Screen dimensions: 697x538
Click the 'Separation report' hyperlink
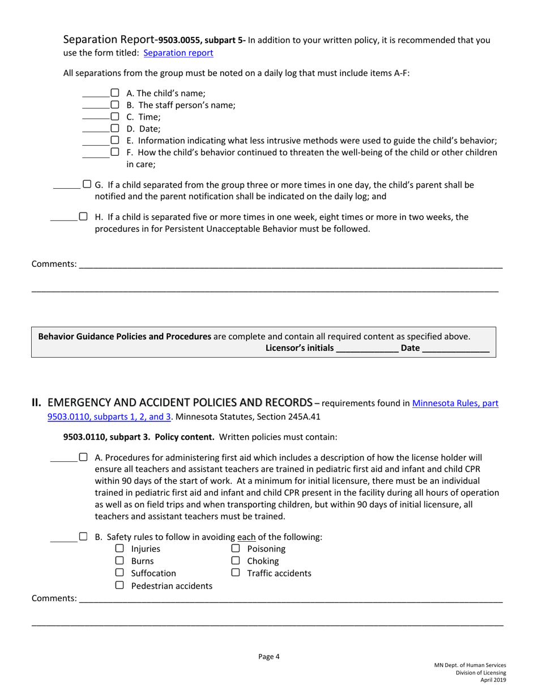(178, 53)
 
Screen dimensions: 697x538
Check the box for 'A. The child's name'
(115, 93)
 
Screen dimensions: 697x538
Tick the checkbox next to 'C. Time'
(115, 117)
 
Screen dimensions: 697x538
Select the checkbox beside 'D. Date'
(115, 129)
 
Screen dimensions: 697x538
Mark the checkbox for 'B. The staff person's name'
(115, 105)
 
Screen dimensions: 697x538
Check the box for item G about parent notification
(87, 184)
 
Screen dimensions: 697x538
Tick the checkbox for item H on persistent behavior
(83, 216)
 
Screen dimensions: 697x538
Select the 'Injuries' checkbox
(119, 549)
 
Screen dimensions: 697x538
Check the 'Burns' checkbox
(119, 561)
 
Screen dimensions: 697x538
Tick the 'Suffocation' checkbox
(119, 573)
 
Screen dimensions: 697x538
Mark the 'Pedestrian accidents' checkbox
(119, 585)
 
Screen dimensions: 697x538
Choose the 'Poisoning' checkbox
(236, 549)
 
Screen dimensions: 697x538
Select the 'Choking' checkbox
(236, 561)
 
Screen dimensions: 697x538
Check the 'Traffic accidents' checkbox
(236, 573)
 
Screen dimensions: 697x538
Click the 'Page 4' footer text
(269, 657)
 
